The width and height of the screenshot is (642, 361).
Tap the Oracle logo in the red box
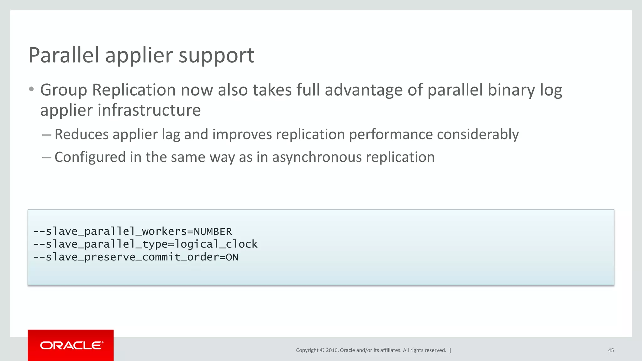pos(71,345)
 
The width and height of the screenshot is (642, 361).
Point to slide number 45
pos(611,350)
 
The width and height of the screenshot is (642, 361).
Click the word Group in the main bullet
pos(64,90)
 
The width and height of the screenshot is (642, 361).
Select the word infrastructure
pos(149,110)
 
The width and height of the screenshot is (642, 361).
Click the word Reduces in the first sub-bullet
pos(82,134)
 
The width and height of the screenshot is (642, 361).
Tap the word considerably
pos(478,135)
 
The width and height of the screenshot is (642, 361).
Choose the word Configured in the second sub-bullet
pos(90,157)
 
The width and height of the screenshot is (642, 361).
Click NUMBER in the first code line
pos(213,232)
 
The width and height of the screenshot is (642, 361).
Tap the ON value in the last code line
pos(232,257)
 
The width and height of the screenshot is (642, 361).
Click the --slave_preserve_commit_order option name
pos(125,257)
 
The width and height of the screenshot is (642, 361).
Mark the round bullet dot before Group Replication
pos(31,90)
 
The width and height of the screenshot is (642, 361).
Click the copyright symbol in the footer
pos(322,350)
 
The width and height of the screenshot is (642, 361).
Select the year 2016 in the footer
pos(332,350)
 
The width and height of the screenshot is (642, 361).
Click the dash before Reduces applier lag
pos(46,135)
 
